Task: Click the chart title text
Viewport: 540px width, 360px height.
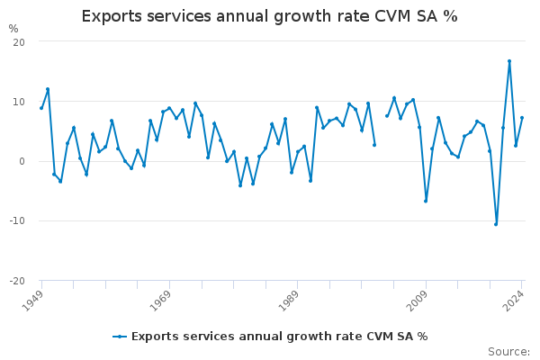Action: tap(269, 16)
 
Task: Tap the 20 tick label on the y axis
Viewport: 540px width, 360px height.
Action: tap(18, 42)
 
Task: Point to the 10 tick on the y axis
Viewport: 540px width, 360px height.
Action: tap(18, 102)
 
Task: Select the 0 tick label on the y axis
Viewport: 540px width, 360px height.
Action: tap(21, 161)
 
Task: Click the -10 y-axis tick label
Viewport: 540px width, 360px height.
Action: tap(16, 220)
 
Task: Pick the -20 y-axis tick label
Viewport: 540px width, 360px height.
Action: tap(16, 280)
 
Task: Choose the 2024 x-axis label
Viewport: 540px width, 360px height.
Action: tap(515, 300)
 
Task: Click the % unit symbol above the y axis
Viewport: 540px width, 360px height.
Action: tap(13, 29)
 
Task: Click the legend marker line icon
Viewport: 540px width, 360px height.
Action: tap(121, 337)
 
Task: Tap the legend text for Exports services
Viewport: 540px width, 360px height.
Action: tap(279, 337)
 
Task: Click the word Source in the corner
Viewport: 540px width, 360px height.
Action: tap(508, 352)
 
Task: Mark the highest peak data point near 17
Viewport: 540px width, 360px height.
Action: tap(509, 61)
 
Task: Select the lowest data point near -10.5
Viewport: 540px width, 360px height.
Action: tap(496, 224)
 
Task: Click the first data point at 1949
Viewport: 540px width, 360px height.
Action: tap(41, 108)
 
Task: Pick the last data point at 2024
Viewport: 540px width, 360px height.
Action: tap(522, 118)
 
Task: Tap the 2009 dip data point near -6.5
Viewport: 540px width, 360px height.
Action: tap(426, 201)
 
